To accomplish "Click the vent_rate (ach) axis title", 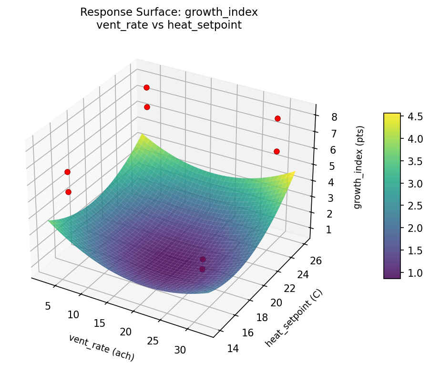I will (x=102, y=347).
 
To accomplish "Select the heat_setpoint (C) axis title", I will (x=294, y=318).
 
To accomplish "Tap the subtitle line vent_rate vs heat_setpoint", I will (x=169, y=25).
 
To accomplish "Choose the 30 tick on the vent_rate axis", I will (x=180, y=350).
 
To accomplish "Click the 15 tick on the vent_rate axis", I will (x=99, y=323).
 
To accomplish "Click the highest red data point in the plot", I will (x=146, y=87).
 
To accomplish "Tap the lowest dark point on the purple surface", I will (x=202, y=270).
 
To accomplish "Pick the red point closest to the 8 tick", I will (x=277, y=118).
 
